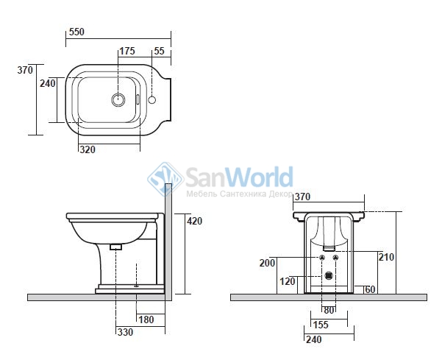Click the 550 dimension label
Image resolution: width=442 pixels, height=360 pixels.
76,32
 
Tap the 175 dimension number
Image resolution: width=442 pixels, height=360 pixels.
127,51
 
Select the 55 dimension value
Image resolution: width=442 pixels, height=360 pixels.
159,51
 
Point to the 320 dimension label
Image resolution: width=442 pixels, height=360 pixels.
88,149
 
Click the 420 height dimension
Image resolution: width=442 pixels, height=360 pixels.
194,221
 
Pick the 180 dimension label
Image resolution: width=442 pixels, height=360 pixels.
146,320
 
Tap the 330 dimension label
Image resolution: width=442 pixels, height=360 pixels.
125,332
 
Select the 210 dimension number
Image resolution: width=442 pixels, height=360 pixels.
386,257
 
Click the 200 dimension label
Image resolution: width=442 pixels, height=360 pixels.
267,263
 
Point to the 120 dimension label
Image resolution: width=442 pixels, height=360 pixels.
288,281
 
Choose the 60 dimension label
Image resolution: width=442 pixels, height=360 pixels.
370,289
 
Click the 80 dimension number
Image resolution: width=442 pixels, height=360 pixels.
329,310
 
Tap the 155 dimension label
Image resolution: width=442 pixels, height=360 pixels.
321,325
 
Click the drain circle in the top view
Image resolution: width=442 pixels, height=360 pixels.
118,99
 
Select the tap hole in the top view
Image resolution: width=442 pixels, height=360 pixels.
152,99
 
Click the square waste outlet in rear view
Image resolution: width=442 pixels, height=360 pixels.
329,275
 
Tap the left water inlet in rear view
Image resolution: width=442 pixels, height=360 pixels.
322,258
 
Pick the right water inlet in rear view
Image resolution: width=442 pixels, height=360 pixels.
335,258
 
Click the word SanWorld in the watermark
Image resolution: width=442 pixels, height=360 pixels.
239,177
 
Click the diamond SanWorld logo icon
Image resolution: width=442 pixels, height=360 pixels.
165,179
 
